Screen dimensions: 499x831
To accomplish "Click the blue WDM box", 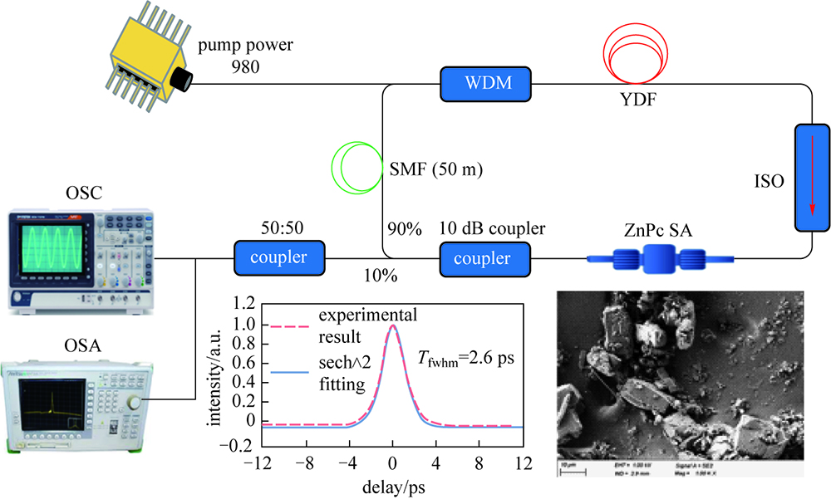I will pos(485,83).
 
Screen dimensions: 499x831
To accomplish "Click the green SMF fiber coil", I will pos(357,166).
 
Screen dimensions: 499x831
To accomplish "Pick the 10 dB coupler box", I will pos(485,258).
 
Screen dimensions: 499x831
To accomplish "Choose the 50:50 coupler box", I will pos(278,258).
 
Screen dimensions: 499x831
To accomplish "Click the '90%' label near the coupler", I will pos(403,226).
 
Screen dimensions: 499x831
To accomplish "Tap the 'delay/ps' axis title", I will pos(392,485).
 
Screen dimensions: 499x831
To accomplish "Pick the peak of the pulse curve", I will pos(392,326).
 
